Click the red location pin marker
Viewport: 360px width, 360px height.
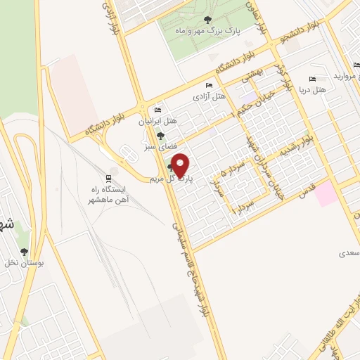[x=181, y=165]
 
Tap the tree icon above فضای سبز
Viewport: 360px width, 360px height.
[x=160, y=136]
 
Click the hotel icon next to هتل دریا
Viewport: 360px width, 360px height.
[x=312, y=79]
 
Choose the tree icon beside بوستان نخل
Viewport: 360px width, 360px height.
[x=25, y=251]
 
